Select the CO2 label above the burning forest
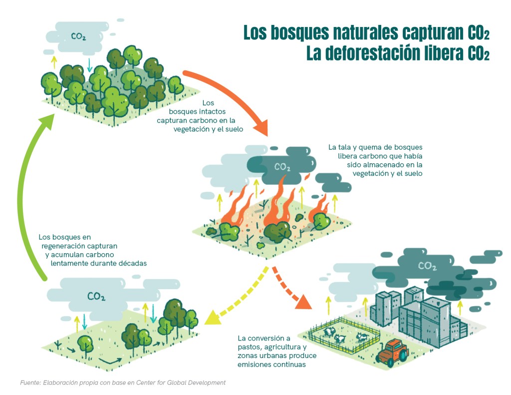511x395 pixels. pos(282,167)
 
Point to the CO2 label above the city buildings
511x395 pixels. pos(427,266)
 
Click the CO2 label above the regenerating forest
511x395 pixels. pos(96,296)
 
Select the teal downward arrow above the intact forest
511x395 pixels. pos(90,64)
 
